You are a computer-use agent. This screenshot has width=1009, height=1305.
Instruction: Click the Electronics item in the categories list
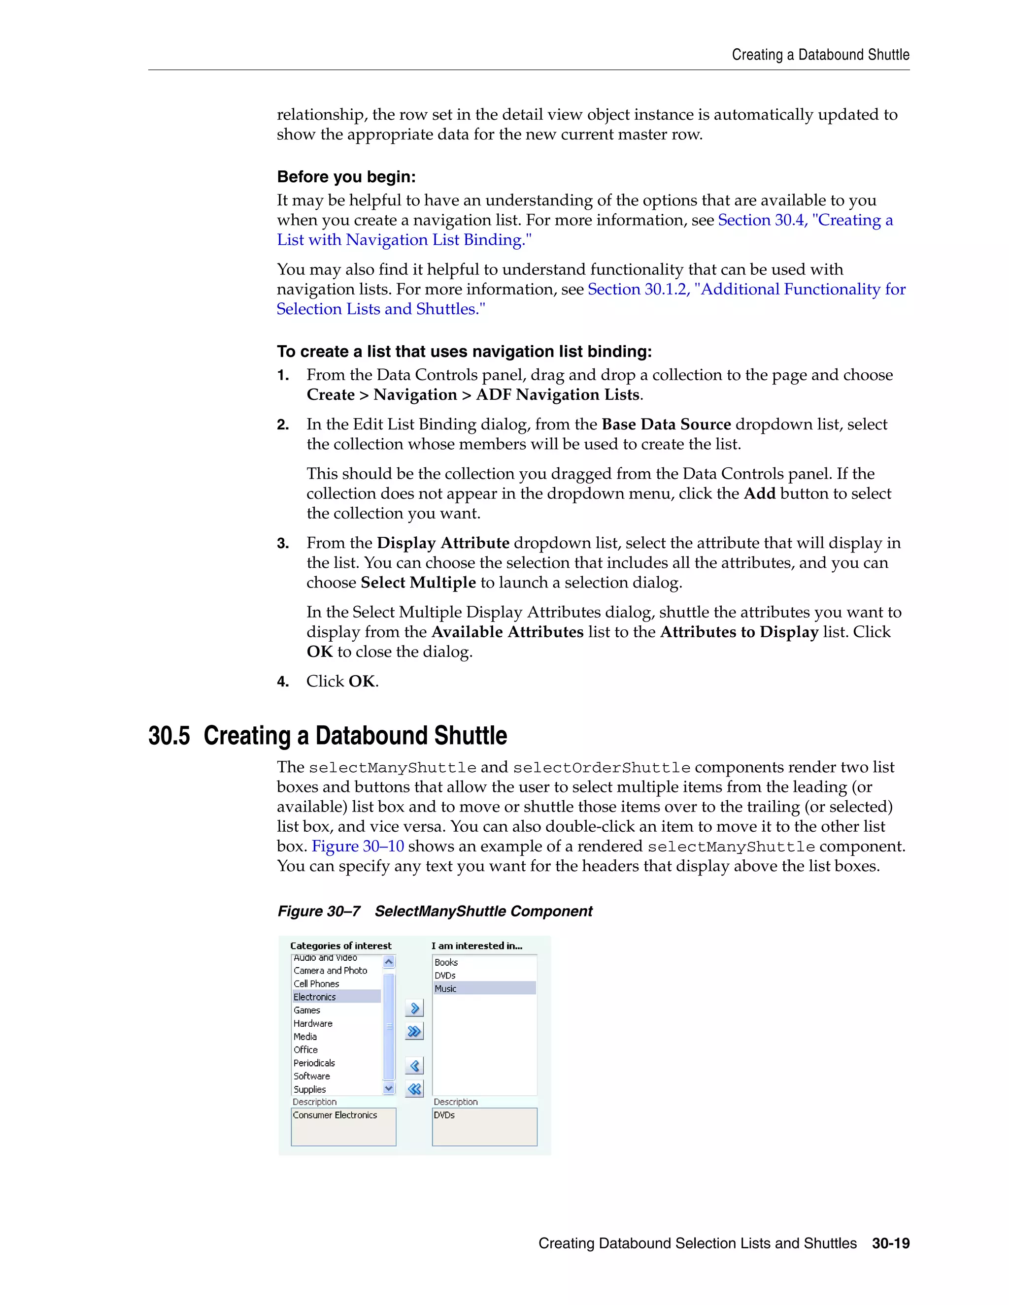point(315,997)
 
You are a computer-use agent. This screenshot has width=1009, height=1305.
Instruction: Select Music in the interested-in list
point(445,988)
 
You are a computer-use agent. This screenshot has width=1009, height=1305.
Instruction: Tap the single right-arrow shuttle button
point(414,1009)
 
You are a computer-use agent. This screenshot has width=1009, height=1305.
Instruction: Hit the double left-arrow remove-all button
point(414,1089)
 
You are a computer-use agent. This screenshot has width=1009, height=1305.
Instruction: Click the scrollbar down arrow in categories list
point(389,1088)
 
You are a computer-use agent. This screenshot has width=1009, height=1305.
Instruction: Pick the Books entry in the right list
point(446,962)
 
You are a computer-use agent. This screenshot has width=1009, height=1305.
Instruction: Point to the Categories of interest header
point(341,946)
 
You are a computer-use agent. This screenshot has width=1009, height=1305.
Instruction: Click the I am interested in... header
point(476,946)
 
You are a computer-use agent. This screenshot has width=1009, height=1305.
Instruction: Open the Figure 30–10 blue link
point(358,846)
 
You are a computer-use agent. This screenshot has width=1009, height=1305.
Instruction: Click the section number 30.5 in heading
point(168,736)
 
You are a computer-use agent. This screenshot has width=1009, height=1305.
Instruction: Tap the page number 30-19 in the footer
point(890,1243)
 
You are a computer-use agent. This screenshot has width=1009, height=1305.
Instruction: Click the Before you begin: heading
point(346,177)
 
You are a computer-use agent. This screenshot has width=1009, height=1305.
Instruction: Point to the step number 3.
point(283,543)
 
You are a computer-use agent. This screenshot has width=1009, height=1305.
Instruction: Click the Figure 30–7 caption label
point(319,911)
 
